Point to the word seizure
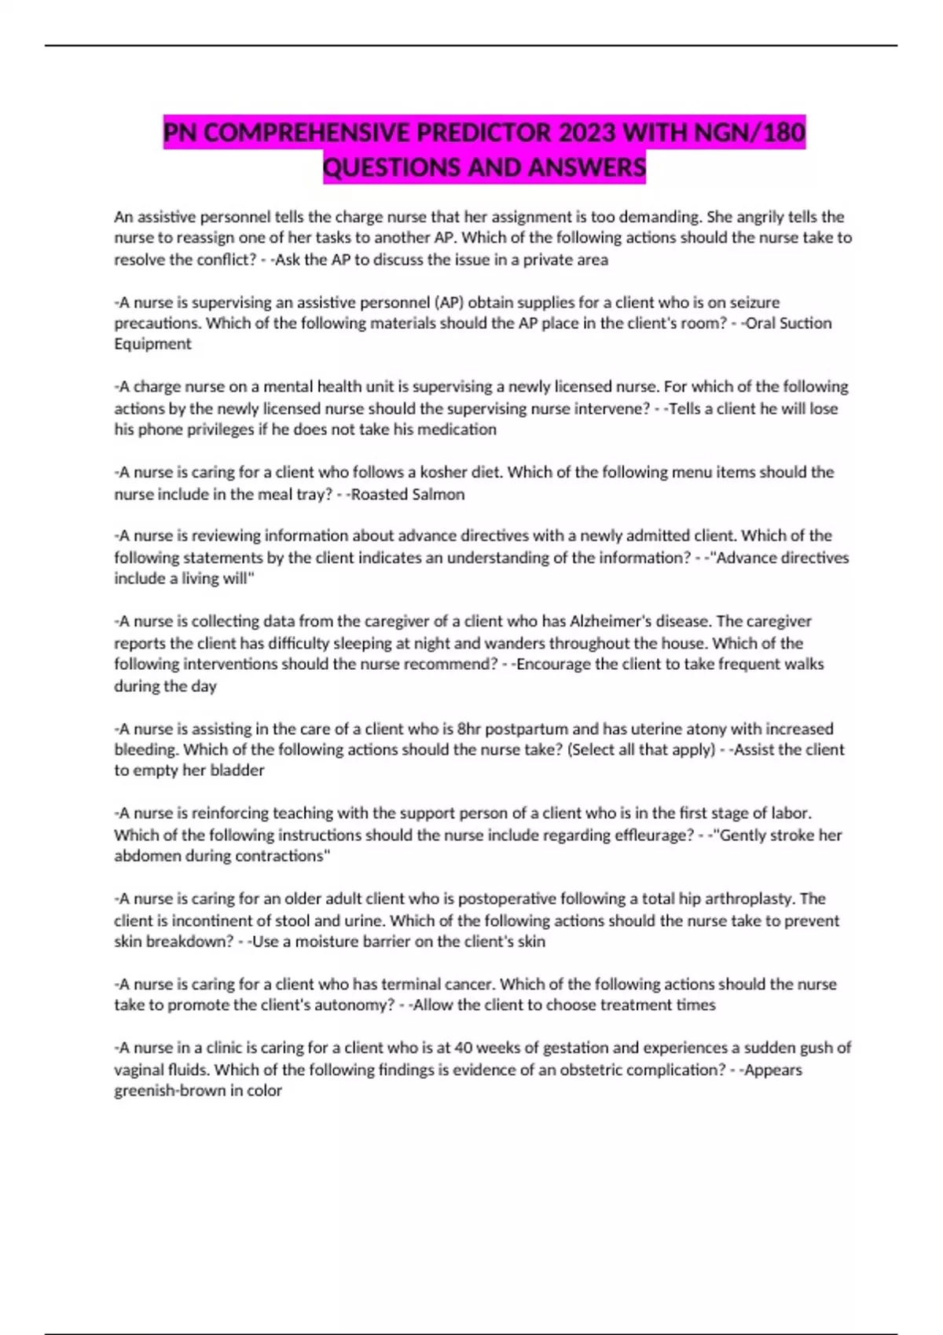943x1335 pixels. pos(754,302)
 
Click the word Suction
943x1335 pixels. pos(805,323)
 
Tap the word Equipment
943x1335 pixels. pos(152,344)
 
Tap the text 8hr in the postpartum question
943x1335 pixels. pos(469,729)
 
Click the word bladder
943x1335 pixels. pos(237,770)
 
